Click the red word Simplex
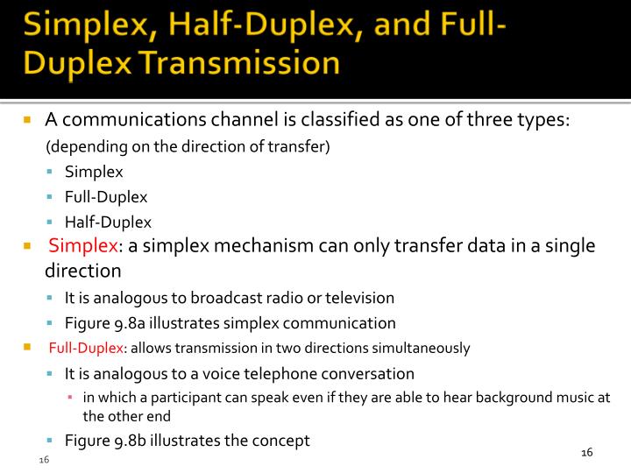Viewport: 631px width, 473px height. coord(82,246)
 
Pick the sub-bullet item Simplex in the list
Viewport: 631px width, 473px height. coord(94,172)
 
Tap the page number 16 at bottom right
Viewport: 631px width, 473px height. coord(587,452)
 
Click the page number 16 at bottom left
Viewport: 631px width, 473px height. coord(43,461)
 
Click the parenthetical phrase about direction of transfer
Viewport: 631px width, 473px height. coord(188,146)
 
